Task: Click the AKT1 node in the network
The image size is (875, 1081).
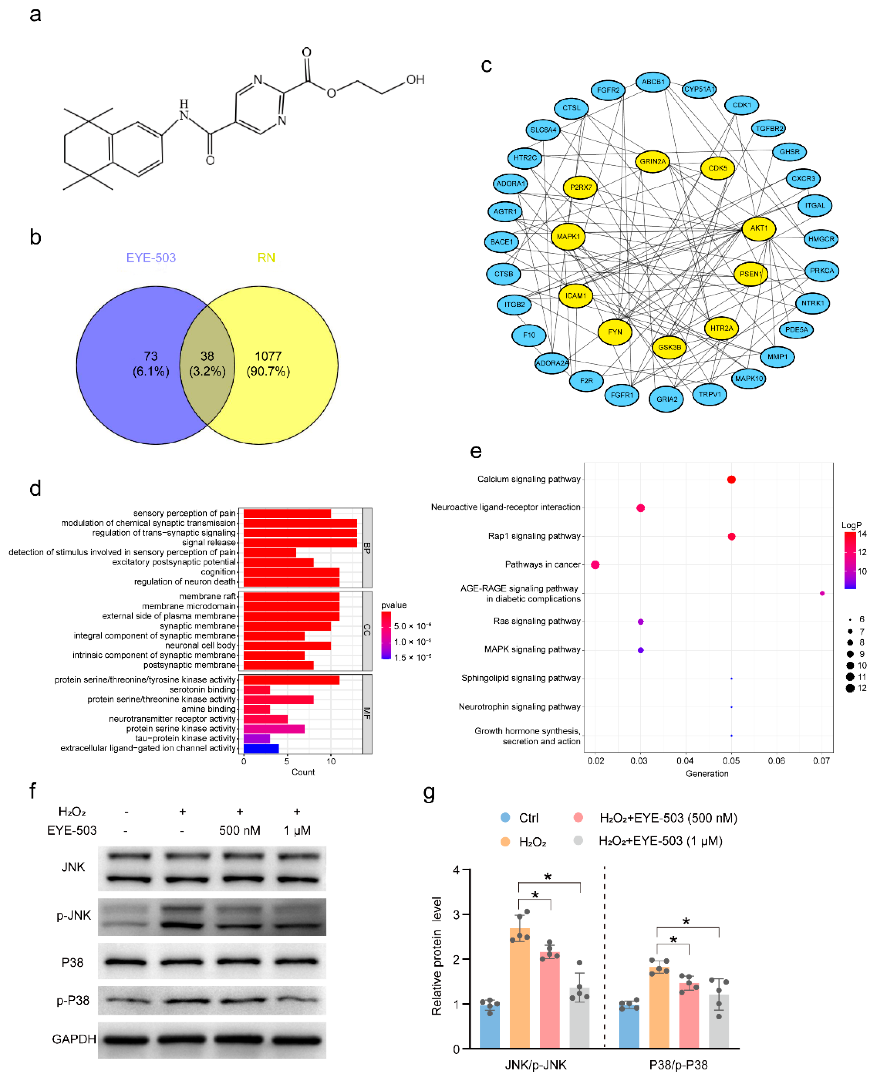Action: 758,228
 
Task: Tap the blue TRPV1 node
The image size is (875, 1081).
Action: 709,394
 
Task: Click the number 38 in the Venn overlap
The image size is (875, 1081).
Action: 207,356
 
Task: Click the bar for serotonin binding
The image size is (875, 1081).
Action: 257,689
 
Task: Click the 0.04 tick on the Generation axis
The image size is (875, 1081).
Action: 685,760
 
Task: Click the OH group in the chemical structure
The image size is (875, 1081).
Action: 415,80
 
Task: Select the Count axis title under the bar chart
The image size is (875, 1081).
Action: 303,772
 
